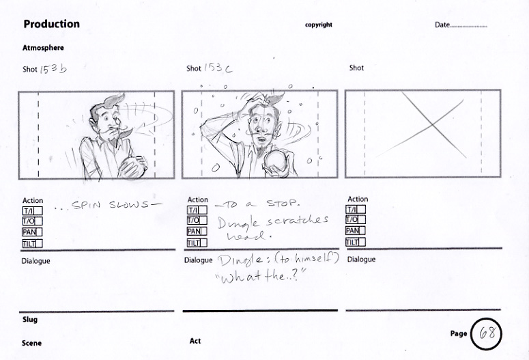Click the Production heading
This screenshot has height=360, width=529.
coord(52,24)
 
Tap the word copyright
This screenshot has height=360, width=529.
coord(319,25)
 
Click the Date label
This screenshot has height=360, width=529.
coord(442,25)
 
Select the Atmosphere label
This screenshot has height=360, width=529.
coord(43,48)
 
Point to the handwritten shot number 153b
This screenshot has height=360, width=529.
coord(53,69)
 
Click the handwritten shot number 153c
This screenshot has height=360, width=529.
coord(218,68)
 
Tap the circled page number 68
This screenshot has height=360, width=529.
coord(486,333)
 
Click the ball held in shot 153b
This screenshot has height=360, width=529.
coord(133,167)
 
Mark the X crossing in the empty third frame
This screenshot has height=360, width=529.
coord(432,125)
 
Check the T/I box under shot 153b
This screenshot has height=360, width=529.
coord(32,211)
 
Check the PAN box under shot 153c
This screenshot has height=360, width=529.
coord(197,232)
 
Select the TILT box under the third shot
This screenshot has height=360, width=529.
coord(355,242)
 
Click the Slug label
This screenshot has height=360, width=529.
coord(30,319)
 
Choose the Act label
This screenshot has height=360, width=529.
coord(195,341)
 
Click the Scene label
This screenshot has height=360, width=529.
coord(31,343)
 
